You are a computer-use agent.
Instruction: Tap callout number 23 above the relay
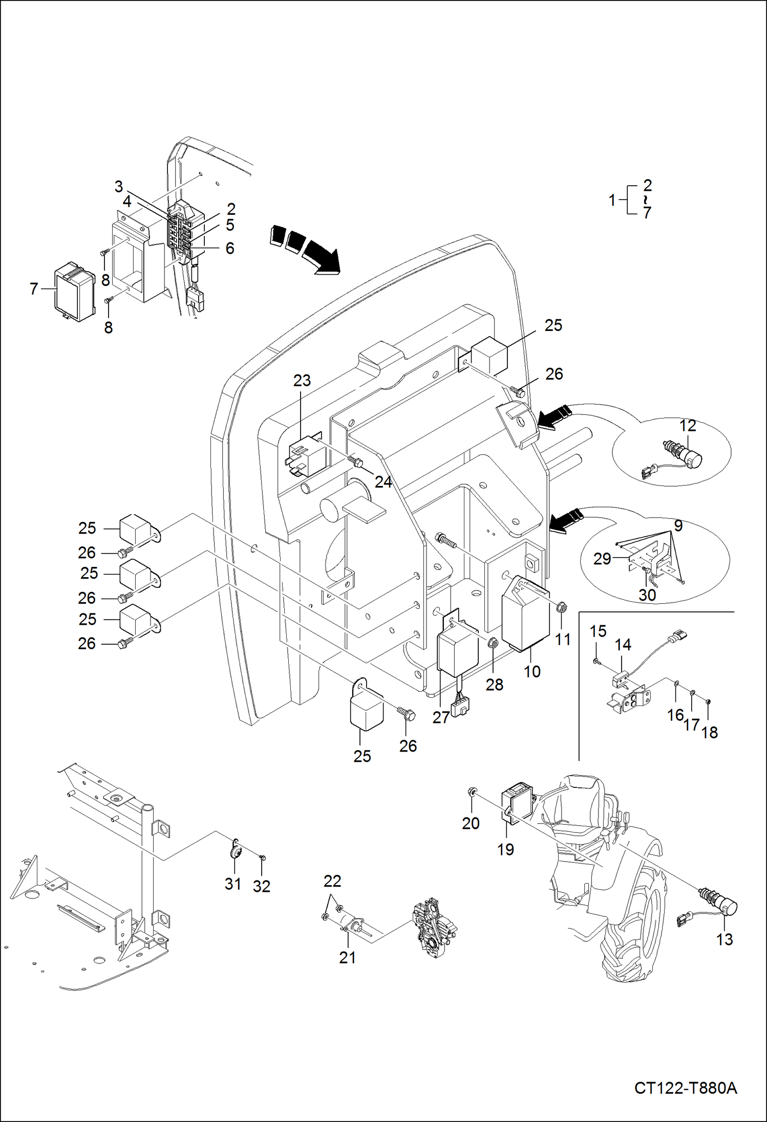(302, 380)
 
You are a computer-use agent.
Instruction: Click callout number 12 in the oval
(688, 426)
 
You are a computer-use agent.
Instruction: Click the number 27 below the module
(441, 717)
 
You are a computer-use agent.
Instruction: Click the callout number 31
(233, 884)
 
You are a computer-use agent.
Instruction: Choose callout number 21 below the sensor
(347, 957)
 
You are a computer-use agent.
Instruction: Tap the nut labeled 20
(472, 793)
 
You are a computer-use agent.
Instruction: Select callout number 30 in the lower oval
(647, 595)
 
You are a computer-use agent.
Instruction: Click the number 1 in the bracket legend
(612, 200)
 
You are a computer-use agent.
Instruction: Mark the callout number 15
(598, 631)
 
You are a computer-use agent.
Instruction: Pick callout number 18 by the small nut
(709, 732)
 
